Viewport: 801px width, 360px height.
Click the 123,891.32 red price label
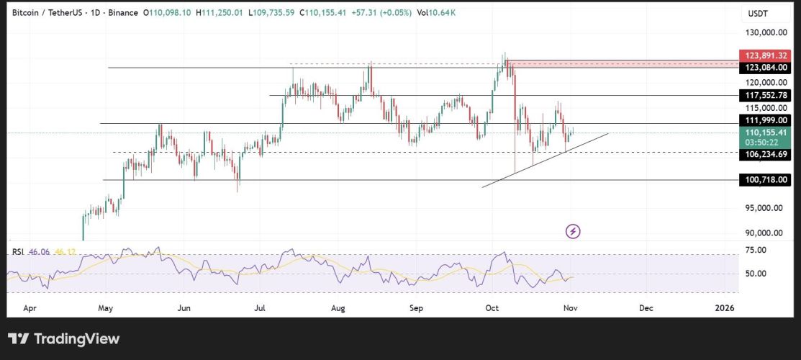[766, 55]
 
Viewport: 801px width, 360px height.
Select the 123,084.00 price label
[766, 68]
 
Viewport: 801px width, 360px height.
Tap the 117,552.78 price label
[766, 95]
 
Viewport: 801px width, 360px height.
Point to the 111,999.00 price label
[766, 120]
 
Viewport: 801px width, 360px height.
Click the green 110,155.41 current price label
[766, 132]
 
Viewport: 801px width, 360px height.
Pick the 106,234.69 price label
[766, 153]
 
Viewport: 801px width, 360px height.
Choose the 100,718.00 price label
[766, 180]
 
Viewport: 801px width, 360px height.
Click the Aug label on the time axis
[339, 308]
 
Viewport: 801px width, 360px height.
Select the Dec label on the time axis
[646, 308]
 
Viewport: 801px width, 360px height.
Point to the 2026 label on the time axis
[724, 308]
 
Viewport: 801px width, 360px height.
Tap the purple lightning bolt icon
[574, 231]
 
